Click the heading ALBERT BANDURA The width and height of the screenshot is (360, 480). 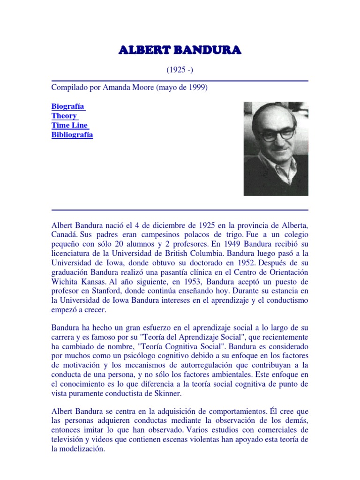(x=180, y=50)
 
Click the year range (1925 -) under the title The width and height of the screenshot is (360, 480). (x=180, y=70)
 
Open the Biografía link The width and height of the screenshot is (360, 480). (x=68, y=106)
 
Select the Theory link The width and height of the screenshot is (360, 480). (x=64, y=116)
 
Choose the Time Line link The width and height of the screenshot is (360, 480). (x=69, y=125)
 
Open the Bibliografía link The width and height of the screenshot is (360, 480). (x=72, y=135)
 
